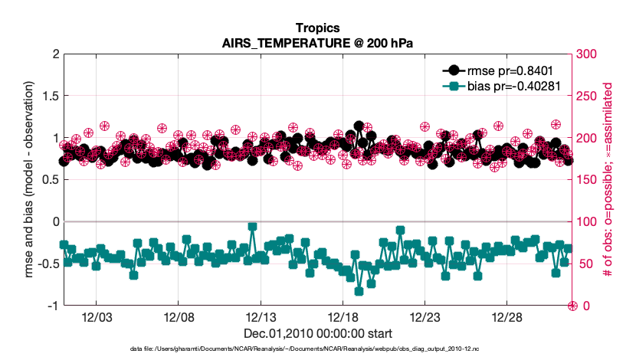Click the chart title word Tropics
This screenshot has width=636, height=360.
tap(317, 29)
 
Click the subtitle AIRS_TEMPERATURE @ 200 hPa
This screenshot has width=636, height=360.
tap(317, 43)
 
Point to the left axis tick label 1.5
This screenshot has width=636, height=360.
tap(51, 97)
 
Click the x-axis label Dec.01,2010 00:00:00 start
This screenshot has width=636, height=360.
tap(317, 333)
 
